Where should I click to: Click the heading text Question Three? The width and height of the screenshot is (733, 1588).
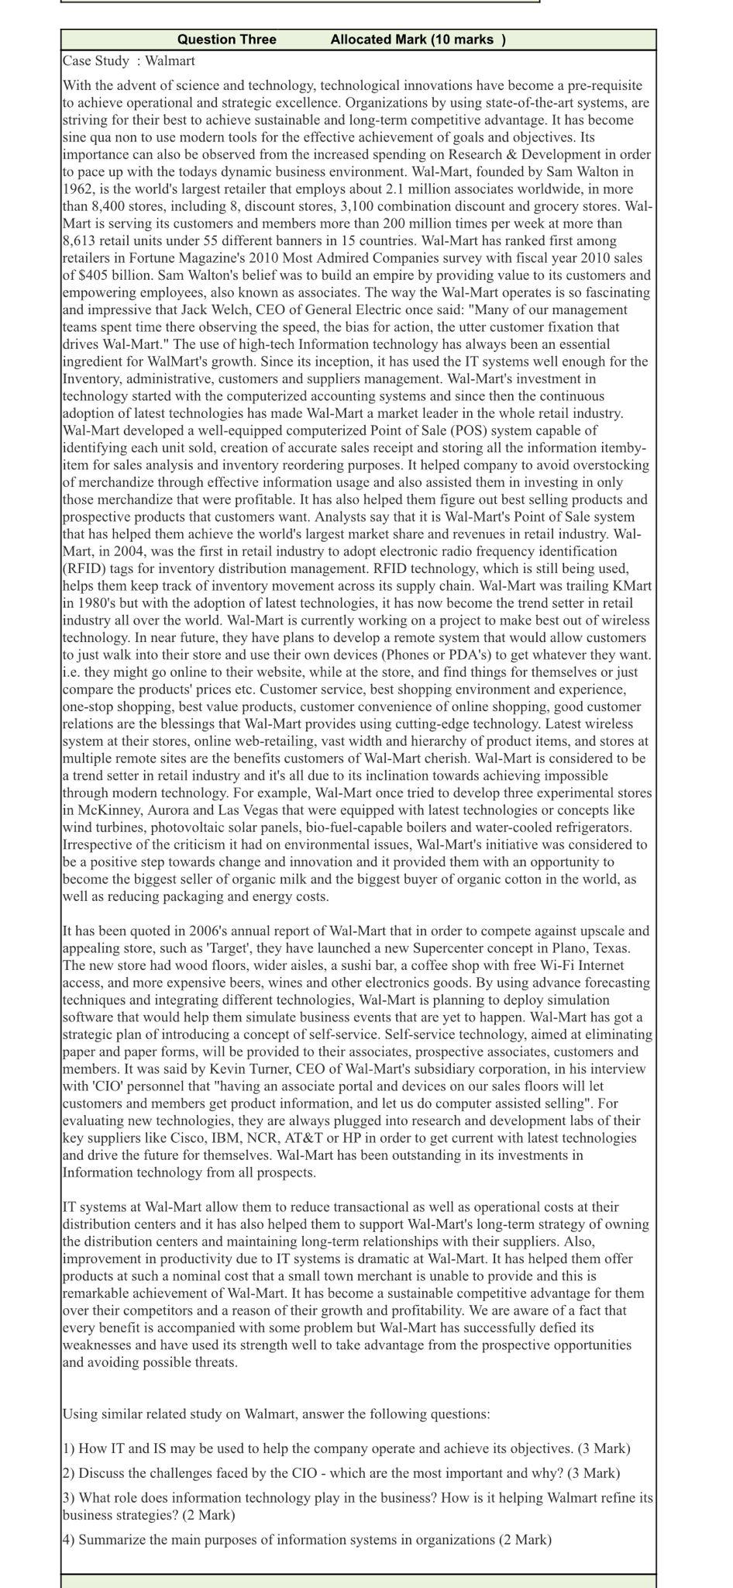(226, 40)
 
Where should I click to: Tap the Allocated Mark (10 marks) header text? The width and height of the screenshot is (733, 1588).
(418, 40)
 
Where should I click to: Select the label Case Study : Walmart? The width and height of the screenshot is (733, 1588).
(129, 60)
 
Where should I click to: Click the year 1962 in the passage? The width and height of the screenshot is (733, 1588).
(78, 189)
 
